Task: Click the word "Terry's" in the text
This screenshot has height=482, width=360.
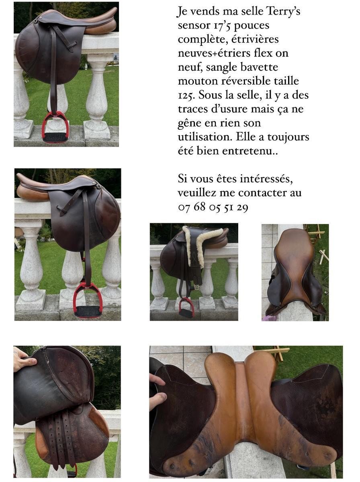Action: coord(283,11)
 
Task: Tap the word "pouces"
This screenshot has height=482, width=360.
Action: coord(251,26)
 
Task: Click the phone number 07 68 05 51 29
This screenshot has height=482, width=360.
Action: coord(213,207)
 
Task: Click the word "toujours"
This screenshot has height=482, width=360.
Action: coord(288,137)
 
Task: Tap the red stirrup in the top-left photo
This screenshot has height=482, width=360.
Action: coord(55,127)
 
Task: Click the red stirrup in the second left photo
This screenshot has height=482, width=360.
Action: coord(88,299)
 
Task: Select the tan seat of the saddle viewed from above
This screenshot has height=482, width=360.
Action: coord(295,268)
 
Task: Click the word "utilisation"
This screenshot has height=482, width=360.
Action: coord(205,137)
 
